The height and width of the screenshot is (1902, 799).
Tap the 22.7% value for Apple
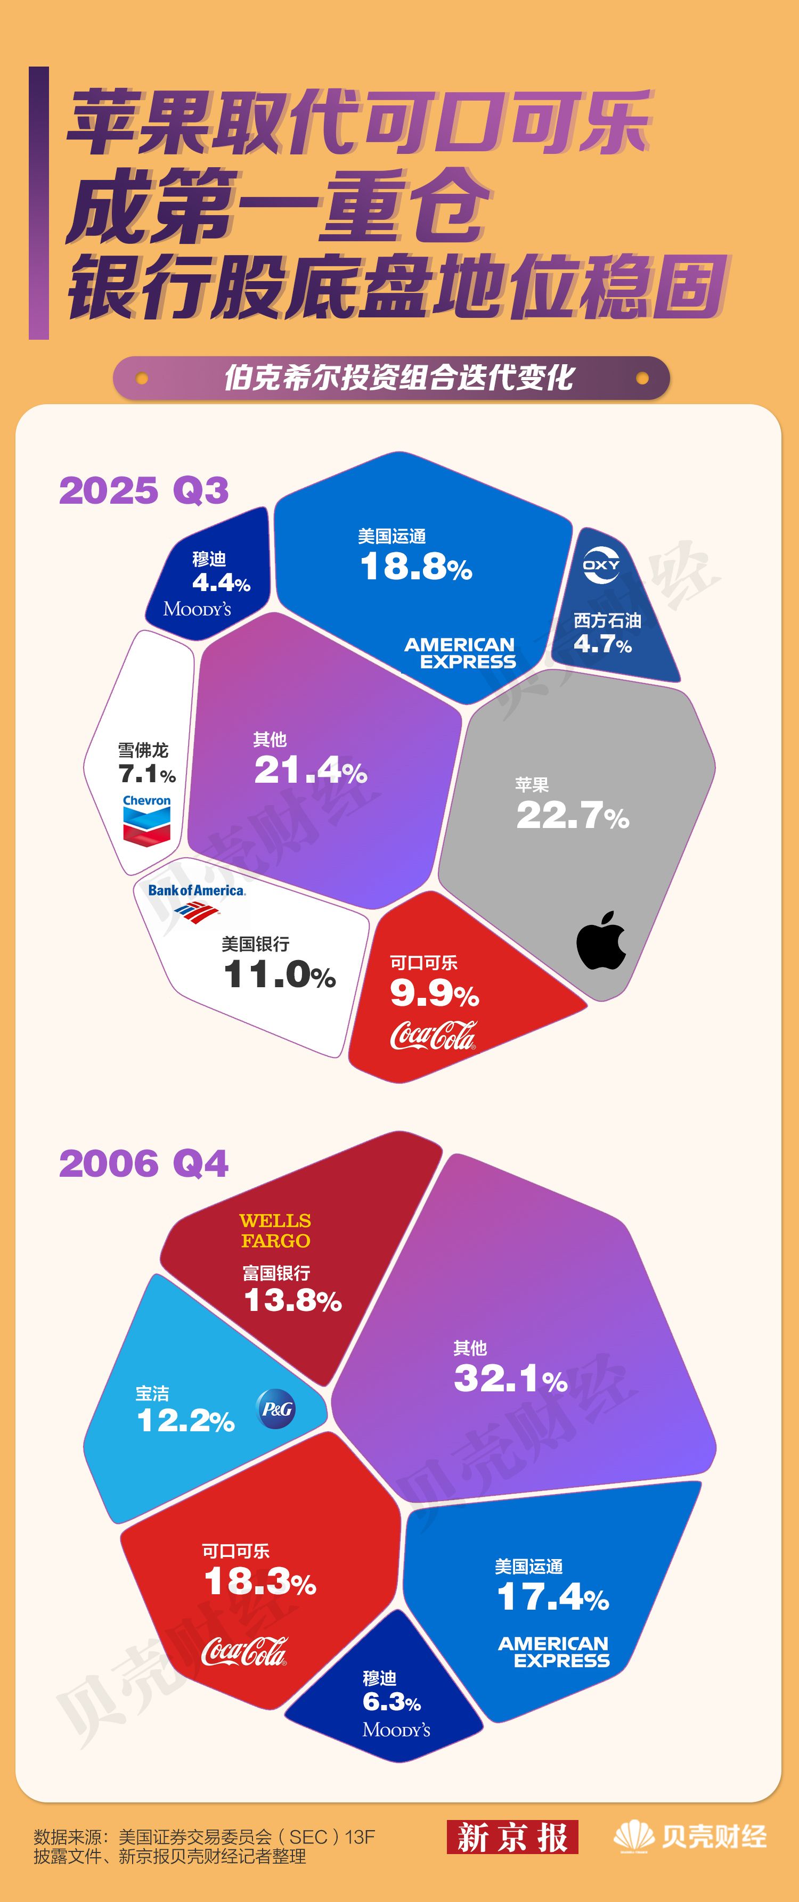[572, 816]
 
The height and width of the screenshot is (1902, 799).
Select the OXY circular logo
[601, 565]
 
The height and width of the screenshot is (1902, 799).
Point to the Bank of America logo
[197, 901]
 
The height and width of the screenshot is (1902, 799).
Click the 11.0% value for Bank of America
[279, 974]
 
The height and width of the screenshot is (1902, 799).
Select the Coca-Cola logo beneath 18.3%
[243, 1651]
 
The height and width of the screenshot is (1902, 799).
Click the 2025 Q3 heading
[144, 490]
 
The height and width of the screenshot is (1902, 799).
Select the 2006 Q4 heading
[144, 1163]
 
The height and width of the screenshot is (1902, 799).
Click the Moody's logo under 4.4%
[197, 609]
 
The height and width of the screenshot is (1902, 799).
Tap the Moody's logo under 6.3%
[396, 1730]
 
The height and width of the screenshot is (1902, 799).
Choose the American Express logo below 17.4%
[554, 1652]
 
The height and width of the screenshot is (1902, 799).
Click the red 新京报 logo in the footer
[512, 1837]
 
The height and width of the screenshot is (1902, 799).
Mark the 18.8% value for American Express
[415, 567]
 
